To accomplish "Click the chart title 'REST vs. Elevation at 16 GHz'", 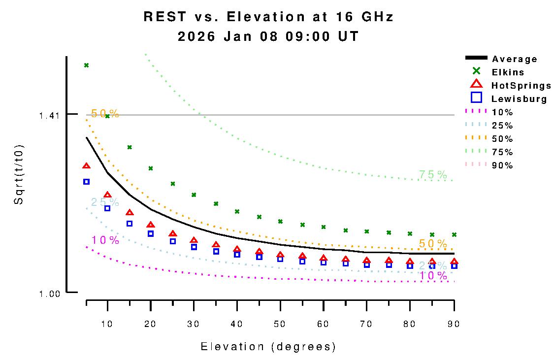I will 268,17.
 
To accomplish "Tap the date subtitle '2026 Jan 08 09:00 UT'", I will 268,36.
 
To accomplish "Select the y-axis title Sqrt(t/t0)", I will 19,175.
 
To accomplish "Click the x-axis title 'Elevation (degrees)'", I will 268,347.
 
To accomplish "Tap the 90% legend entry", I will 502,165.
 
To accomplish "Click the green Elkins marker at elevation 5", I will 86,65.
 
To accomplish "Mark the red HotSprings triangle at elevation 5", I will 86,166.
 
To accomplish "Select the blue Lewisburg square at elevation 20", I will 151,233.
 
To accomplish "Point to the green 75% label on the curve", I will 433,174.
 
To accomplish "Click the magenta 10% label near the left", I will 105,240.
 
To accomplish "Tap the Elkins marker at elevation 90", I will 454,234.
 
